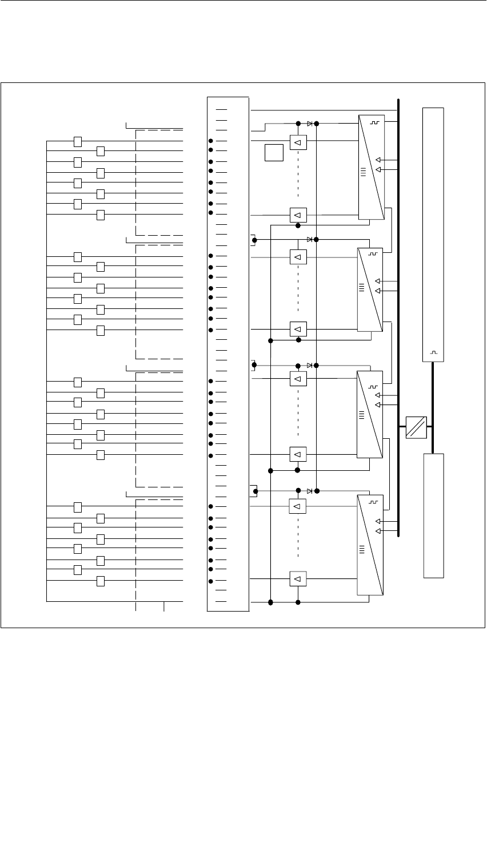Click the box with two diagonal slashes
point(416,427)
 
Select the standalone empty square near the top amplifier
point(274,153)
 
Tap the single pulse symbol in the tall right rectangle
point(433,352)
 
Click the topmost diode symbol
point(310,123)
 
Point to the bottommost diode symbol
point(310,491)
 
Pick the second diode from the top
point(310,239)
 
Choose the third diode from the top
point(310,365)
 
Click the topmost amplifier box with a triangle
point(298,141)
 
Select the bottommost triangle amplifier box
point(298,579)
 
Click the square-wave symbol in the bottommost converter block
point(374,503)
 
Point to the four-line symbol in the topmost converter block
point(362,170)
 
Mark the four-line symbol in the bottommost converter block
point(361,550)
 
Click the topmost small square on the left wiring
point(78,141)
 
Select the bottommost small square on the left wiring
point(101,581)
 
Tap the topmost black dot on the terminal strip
point(211,141)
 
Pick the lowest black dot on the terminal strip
point(211,581)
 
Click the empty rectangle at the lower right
point(433,515)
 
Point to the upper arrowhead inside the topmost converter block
point(378,160)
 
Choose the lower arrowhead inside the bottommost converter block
point(378,531)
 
